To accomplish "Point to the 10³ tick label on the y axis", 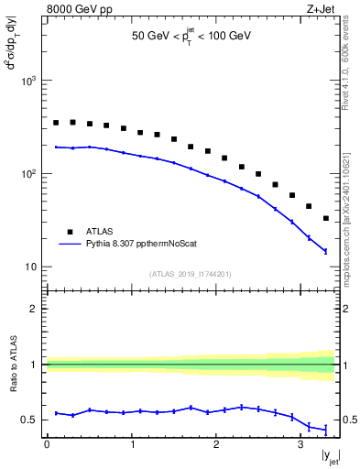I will click(28, 81).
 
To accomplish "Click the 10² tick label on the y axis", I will click(28, 174).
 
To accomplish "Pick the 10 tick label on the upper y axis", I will click(31, 267).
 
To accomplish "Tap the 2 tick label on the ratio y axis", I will click(36, 309).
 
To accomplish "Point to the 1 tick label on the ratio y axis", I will click(36, 365).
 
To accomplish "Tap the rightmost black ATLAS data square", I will click(326, 218).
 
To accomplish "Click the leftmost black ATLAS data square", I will click(56, 122).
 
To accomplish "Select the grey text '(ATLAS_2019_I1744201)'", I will click(191, 274).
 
